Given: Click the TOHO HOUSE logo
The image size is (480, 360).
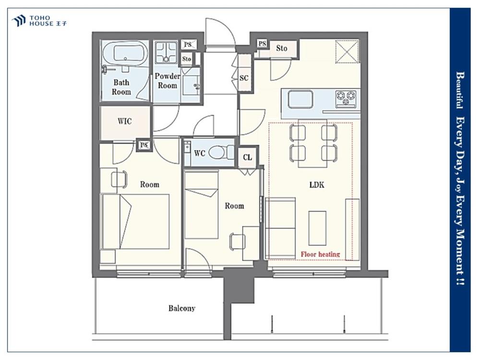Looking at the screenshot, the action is coord(39,21).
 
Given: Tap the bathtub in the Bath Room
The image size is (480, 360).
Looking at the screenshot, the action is coord(125,53).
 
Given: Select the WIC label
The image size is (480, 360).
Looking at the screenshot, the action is coord(125,121).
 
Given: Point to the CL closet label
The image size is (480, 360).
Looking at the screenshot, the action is coord(247,157).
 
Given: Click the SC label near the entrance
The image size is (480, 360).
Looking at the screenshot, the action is coord(244,78).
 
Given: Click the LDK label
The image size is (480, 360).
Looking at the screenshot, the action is coord(316,185).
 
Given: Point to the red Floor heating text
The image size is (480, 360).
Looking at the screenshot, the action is coord(320,254).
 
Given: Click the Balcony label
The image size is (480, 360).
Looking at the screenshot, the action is coord(181,308).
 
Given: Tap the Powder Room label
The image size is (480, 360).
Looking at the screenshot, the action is coord(167,81).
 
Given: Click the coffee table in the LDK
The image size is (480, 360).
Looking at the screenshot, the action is coord(317,228).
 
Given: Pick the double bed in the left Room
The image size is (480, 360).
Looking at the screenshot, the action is coord(135,221).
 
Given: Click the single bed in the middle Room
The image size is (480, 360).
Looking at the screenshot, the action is coord(202,205).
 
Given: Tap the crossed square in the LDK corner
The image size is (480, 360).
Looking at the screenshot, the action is coord(347,51).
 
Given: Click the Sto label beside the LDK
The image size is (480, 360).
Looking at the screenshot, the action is coord(282,48).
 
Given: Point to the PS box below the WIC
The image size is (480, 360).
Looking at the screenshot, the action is coord(144,145).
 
